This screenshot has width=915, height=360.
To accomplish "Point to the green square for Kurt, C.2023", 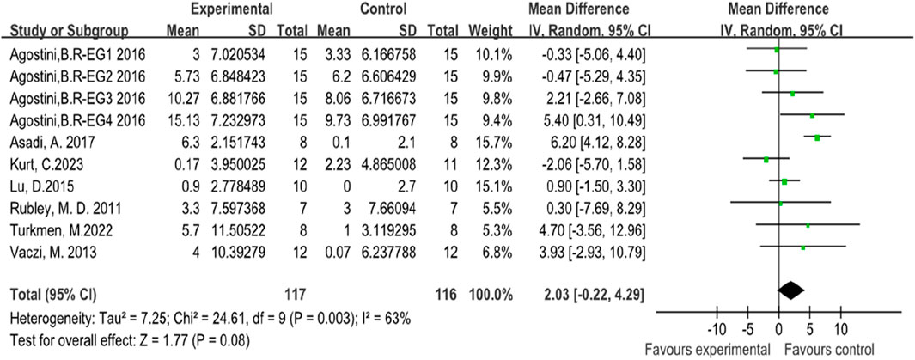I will [x=766, y=159].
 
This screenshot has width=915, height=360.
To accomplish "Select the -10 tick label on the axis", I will [x=713, y=329].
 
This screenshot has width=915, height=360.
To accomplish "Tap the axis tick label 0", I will [x=778, y=329].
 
